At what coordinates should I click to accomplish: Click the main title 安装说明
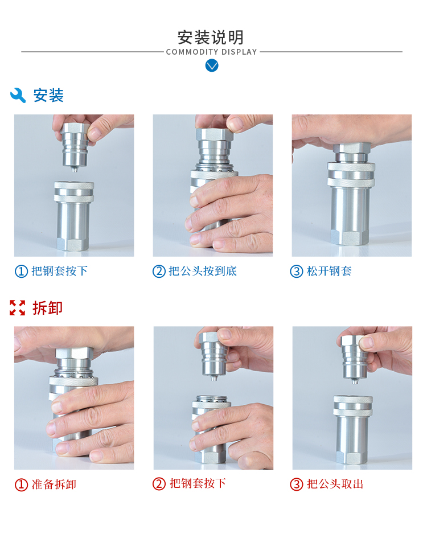tap(211, 37)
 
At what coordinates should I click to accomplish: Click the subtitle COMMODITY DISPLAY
tap(211, 52)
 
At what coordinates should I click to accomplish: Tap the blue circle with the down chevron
tap(212, 65)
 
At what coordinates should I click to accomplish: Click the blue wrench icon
tap(18, 95)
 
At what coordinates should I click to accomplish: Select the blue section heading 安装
tap(48, 96)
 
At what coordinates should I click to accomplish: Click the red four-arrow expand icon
tap(18, 307)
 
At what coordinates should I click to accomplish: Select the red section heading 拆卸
tap(48, 308)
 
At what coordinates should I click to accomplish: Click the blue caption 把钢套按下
tap(60, 271)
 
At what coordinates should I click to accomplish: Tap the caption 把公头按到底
tap(203, 271)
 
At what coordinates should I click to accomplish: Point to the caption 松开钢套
tap(329, 271)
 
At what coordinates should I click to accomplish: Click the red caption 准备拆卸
tap(54, 484)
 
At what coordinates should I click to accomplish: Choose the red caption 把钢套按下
tap(198, 483)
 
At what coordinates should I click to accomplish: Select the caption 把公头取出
tap(335, 484)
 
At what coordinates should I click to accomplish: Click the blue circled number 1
tap(21, 272)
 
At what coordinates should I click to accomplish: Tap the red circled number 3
tap(296, 484)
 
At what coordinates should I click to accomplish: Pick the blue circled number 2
tap(159, 272)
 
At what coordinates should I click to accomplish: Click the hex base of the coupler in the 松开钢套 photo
tap(350, 237)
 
